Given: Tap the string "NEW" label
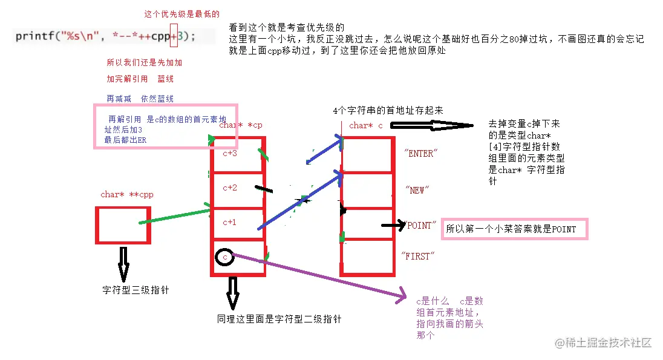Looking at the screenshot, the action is point(417,190).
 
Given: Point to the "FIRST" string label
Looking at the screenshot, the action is point(418,257).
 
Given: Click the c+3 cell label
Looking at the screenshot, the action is point(230,154).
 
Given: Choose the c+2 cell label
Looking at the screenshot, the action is point(230,188).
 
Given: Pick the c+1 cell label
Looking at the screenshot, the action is point(230,222).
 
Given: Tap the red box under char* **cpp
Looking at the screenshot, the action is point(123,225).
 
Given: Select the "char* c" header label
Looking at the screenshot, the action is point(366,126).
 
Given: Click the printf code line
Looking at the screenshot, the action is point(106,36).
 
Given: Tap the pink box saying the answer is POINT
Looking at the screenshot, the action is point(514,229).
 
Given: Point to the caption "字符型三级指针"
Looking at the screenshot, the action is point(136,290).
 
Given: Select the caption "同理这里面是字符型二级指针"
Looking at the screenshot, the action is point(279,318).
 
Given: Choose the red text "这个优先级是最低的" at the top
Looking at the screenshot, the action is point(181,14).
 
